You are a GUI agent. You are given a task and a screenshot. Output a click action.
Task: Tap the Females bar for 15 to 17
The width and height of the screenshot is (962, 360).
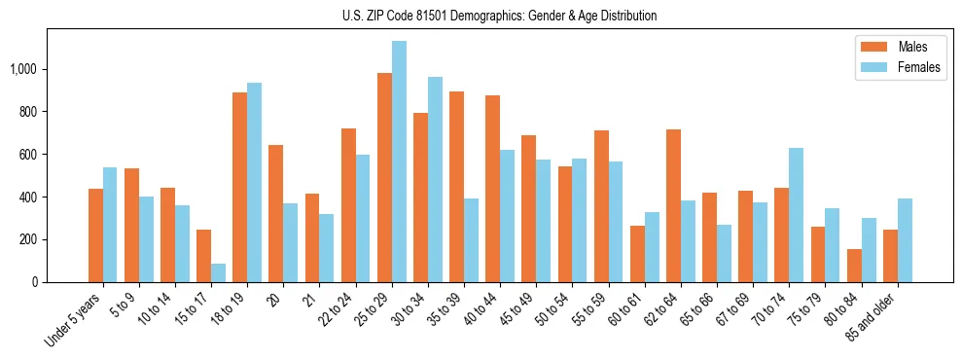218,272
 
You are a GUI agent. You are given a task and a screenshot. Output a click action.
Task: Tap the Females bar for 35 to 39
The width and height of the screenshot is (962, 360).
472,240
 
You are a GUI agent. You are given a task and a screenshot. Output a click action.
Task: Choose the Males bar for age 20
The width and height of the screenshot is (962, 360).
276,213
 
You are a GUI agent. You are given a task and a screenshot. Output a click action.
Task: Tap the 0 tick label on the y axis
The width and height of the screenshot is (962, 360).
34,282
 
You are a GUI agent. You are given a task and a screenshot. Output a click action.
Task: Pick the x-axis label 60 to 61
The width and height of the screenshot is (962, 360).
632,310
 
